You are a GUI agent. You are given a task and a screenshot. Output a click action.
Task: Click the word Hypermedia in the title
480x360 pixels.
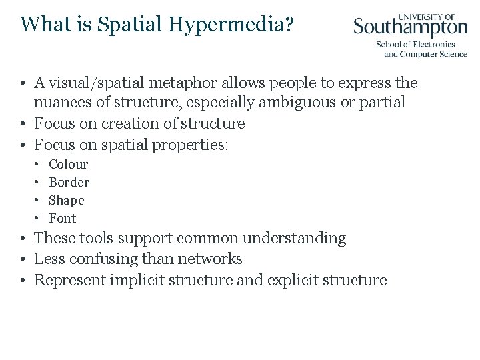[x=236, y=25]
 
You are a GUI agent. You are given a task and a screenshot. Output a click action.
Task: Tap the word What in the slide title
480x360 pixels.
[x=44, y=24]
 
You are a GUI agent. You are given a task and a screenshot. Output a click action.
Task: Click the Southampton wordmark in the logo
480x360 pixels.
[x=410, y=26]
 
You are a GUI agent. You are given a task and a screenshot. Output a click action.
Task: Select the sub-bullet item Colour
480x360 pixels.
[x=69, y=164]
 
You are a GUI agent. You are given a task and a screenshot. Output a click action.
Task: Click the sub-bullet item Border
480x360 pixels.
[x=69, y=182]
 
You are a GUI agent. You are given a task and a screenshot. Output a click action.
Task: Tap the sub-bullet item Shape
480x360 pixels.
[x=67, y=200]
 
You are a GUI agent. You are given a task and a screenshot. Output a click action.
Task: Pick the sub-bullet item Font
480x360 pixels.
[x=63, y=218]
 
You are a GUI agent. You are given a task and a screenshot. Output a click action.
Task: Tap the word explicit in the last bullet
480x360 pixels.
[x=292, y=280]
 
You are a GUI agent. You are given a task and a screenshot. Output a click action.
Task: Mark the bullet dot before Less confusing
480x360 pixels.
[x=23, y=259]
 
